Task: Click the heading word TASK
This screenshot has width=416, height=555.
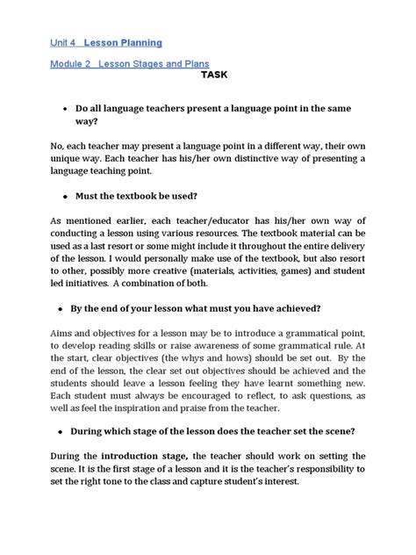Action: click(x=213, y=75)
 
